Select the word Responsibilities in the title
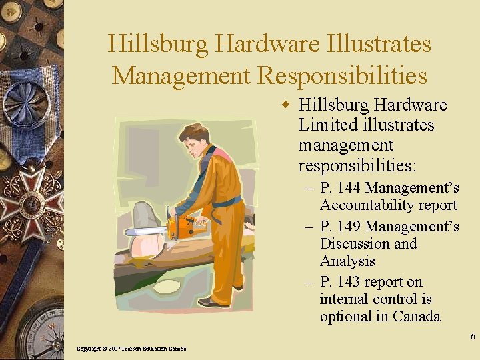pos(342,75)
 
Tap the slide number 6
pos(473,337)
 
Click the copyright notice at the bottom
pos(131,349)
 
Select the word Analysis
pos(347,261)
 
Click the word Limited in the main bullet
pos(329,125)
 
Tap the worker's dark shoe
pos(215,303)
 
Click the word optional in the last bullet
pos(347,317)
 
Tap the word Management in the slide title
pos(181,75)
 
